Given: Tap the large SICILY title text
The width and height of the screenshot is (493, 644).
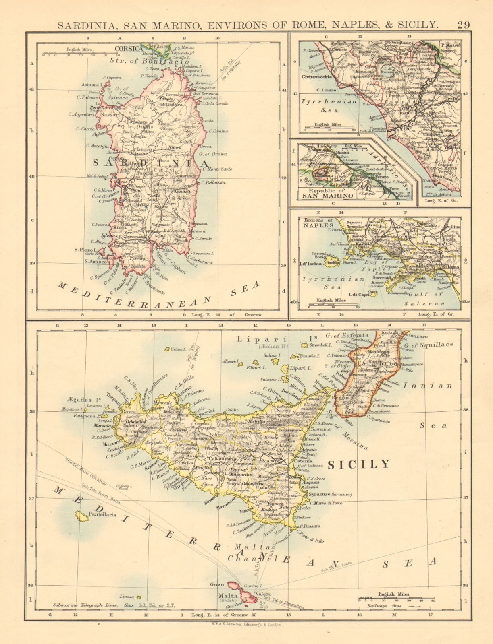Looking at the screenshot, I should (x=359, y=464).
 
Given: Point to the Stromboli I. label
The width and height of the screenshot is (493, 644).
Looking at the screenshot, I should (x=320, y=345).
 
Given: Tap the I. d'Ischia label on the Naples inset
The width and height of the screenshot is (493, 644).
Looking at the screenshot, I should (x=310, y=264).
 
